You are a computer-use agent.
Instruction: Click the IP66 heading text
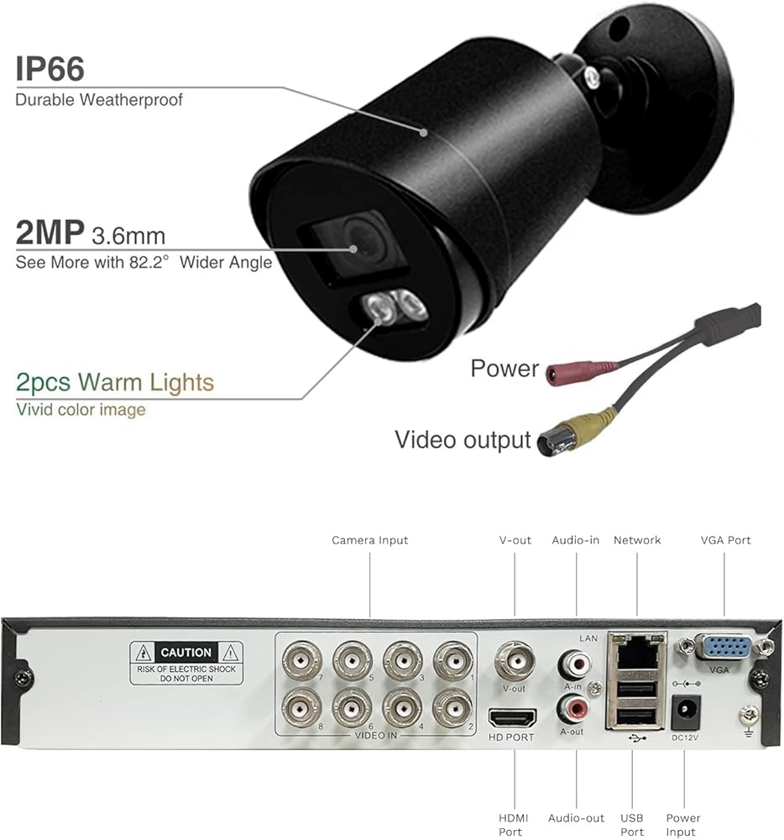click(50, 69)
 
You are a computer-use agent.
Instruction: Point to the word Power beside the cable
click(504, 368)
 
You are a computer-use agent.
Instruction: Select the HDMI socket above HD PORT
click(512, 719)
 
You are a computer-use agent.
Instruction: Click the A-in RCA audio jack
click(574, 666)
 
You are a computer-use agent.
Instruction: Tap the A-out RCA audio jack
click(574, 711)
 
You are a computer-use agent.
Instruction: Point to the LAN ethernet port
click(635, 651)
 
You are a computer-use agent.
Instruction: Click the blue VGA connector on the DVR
click(724, 648)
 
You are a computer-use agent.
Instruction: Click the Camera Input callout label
click(369, 540)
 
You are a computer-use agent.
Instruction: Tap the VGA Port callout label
click(725, 540)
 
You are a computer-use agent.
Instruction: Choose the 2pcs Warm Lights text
click(115, 383)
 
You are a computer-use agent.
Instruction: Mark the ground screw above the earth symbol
click(746, 713)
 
